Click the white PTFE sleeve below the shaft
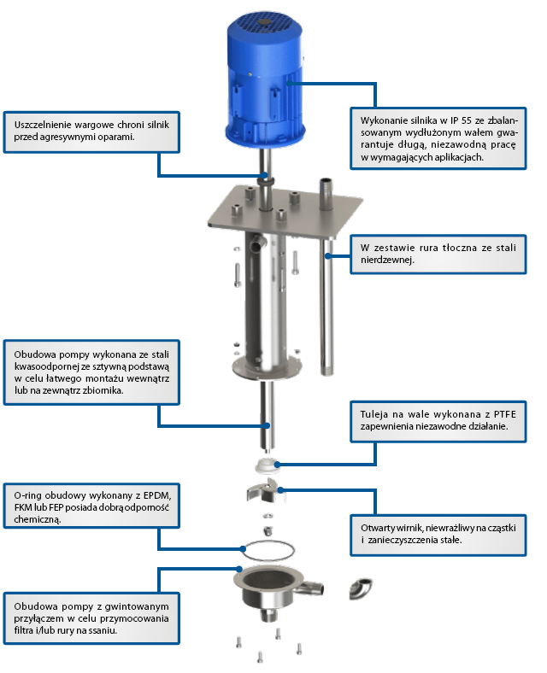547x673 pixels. [271, 465]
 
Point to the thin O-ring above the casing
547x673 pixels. [268, 551]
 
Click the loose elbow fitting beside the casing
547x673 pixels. [358, 589]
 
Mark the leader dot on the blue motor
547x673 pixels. [291, 82]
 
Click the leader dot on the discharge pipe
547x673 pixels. [328, 254]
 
